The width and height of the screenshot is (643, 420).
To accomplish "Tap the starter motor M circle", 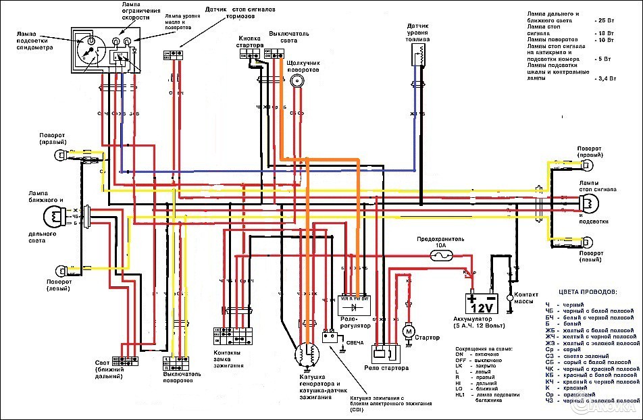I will [x=407, y=332].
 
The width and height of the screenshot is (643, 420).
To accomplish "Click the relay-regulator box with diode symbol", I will [x=354, y=306].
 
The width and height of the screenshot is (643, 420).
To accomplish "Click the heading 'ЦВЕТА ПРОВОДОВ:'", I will [x=587, y=292].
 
